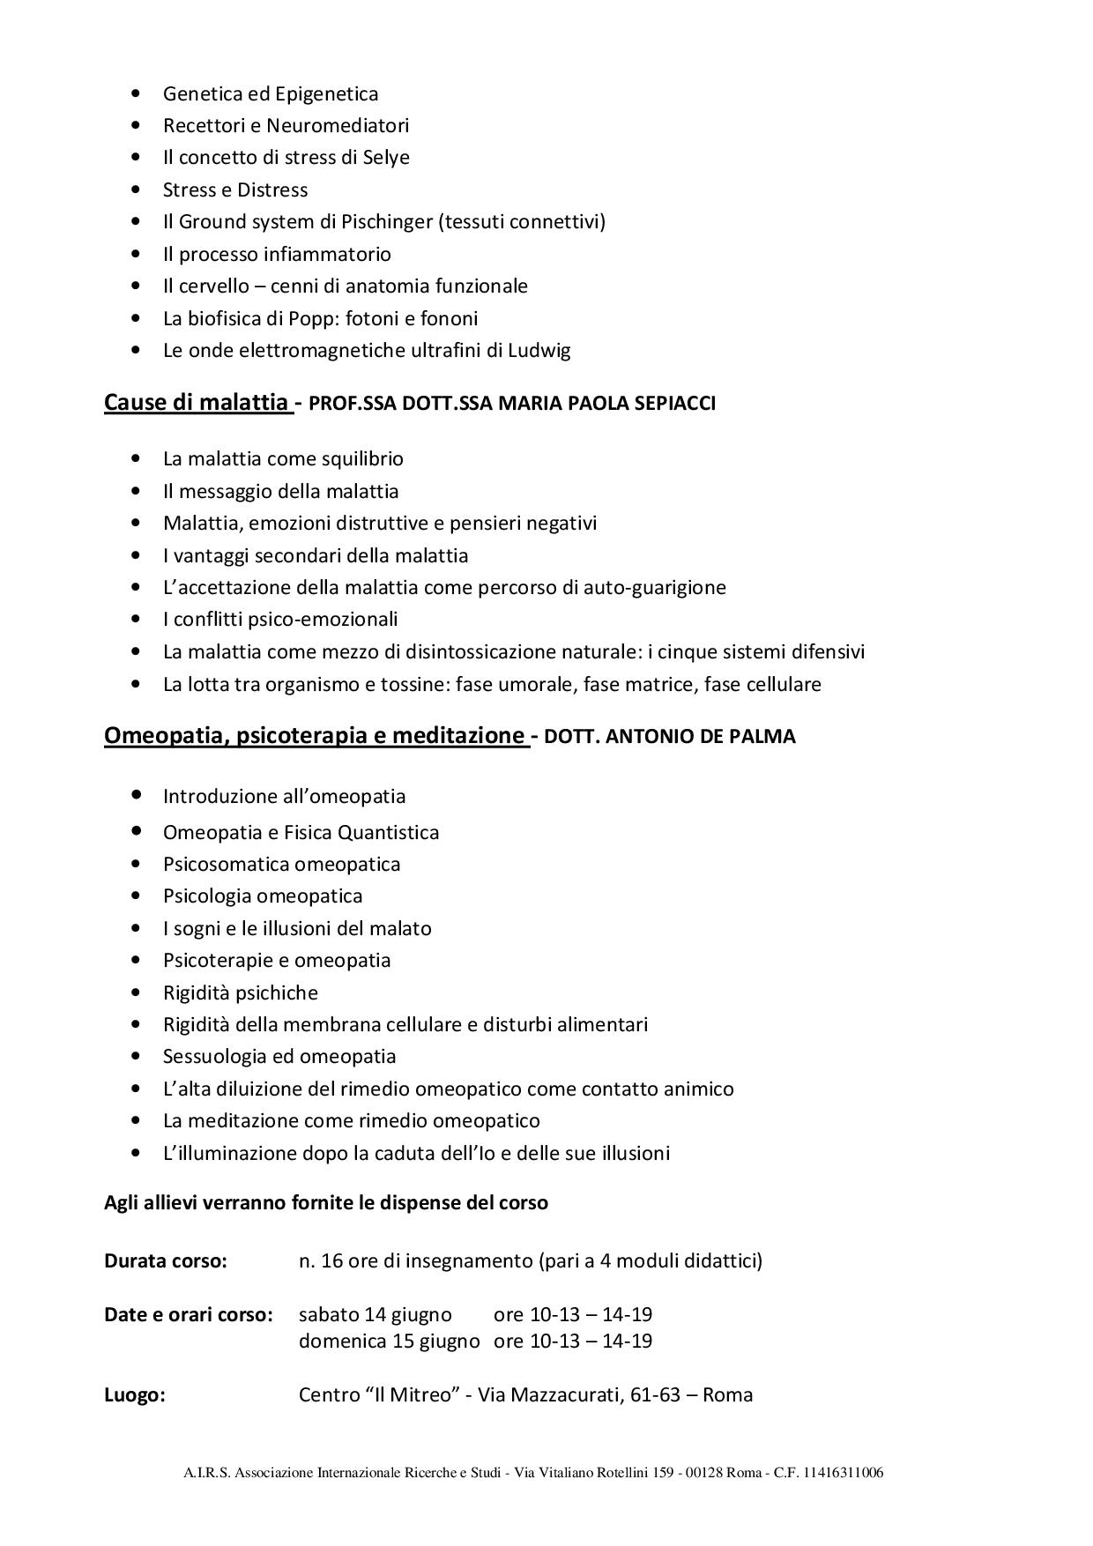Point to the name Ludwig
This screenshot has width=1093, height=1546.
pos(539,350)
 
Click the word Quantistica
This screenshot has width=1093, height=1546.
pos(388,832)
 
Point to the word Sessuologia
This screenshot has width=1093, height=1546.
pos(219,1056)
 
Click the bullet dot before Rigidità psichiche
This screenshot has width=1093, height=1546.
pos(135,992)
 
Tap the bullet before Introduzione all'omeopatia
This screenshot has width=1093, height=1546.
pos(136,795)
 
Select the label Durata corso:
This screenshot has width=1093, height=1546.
pos(166,1260)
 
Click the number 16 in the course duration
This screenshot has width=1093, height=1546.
pos(332,1260)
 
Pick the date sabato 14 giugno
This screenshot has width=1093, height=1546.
pos(375,1314)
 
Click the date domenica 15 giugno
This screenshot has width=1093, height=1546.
pos(390,1341)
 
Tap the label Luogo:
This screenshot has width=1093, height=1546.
pos(135,1394)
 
